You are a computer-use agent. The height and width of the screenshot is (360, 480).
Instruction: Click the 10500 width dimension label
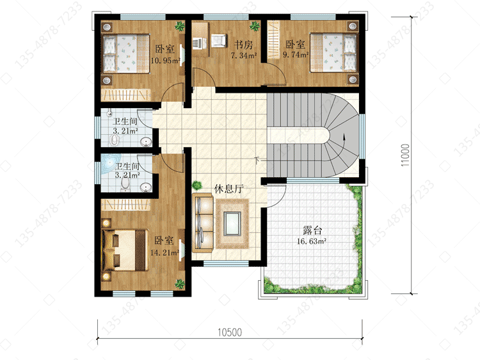[x=230, y=332]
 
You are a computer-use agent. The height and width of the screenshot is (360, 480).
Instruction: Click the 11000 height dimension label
[x=405, y=155]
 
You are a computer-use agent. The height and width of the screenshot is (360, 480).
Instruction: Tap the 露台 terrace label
[x=312, y=230]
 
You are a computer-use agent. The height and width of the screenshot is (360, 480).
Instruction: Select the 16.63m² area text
[x=311, y=241]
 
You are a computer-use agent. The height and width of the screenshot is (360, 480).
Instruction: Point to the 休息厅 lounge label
[x=228, y=189]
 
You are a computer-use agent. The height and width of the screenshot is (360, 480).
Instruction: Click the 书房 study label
[x=243, y=45]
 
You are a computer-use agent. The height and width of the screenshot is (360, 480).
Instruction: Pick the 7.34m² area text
[x=244, y=56]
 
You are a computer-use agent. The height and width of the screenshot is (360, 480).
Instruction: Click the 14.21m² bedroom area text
[x=164, y=253]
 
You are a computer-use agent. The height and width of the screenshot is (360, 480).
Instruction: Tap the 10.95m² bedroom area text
[x=165, y=60]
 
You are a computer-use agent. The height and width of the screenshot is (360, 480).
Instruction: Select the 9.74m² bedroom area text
[x=296, y=55]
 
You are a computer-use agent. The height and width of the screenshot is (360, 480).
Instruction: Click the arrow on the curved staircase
[x=345, y=142]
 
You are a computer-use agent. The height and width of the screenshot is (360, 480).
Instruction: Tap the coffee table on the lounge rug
[x=232, y=223]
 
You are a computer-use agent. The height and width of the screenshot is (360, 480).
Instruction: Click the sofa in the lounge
[x=203, y=223]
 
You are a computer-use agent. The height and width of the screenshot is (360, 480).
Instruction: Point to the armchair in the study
[x=219, y=41]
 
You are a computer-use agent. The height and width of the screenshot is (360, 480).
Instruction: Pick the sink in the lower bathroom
[x=146, y=187]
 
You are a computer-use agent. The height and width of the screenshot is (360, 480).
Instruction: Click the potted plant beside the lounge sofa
[x=198, y=185]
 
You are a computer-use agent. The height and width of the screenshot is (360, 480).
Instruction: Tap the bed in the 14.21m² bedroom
[x=125, y=250]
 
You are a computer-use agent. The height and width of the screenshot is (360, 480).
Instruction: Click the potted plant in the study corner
[x=255, y=26]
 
